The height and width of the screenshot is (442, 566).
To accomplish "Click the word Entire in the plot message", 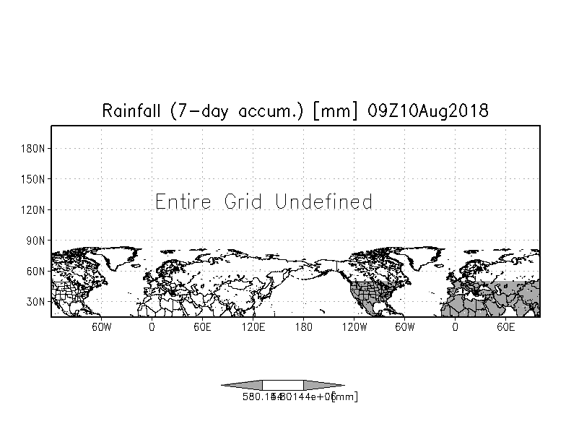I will (x=183, y=201).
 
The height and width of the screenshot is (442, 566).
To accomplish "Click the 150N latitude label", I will (x=35, y=178).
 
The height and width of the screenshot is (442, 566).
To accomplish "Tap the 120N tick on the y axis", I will (x=35, y=209).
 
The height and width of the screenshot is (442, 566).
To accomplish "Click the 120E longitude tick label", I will (x=253, y=327).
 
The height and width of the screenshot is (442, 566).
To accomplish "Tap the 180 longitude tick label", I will (x=303, y=327).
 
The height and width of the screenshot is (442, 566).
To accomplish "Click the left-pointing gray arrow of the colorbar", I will (x=241, y=385).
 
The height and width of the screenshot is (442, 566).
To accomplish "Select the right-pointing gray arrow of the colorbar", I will (x=323, y=385).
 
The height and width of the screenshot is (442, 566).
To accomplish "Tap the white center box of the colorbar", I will (x=282, y=385).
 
